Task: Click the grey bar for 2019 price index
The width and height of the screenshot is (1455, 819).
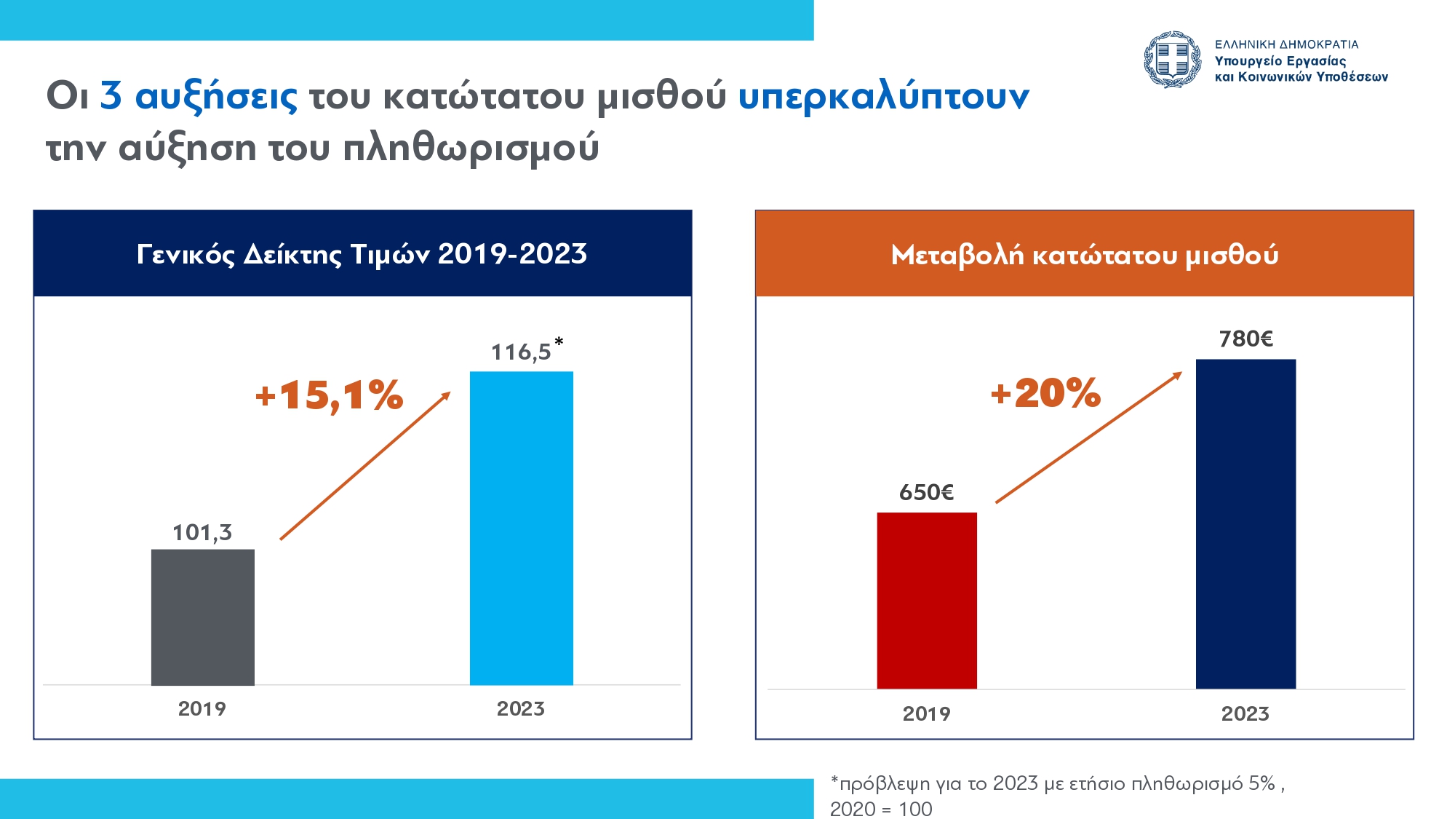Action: pos(203,617)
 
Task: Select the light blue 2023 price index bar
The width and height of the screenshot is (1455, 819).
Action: pos(522,529)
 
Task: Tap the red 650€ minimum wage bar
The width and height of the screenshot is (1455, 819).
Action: pos(927,601)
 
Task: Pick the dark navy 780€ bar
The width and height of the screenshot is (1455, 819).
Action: pos(1245,524)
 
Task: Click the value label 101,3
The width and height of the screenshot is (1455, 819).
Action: pos(202,533)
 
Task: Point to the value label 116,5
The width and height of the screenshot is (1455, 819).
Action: pos(521,352)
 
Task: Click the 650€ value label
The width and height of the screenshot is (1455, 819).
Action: pos(926,493)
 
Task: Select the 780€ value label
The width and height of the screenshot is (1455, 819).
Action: pos(1246,339)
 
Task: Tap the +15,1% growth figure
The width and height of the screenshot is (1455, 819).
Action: pos(329,395)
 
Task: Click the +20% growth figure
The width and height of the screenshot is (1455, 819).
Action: pos(1045,393)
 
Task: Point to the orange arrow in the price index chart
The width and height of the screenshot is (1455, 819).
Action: pos(365,466)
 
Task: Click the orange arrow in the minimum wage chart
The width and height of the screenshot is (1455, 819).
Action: pos(1089,438)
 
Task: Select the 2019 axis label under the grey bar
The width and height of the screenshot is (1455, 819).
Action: pos(202,709)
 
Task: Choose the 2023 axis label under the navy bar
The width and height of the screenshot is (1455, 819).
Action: pos(1245,714)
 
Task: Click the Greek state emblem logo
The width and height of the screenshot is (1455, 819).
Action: pos(1172,60)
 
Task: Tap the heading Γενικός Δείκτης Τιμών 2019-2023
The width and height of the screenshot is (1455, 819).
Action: pos(362,255)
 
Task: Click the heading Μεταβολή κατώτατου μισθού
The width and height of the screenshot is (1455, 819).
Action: pos(1085,256)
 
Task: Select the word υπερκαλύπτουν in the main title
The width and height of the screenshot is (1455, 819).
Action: pos(884,97)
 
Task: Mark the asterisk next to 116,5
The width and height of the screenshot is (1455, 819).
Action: pos(559,341)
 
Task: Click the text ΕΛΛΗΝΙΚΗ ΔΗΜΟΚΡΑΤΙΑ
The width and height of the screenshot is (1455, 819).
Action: pos(1287,44)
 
